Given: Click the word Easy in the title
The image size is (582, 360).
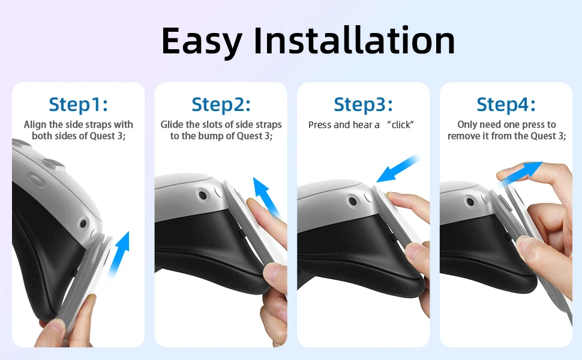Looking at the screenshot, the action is [x=202, y=41].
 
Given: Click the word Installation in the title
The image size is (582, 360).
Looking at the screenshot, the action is [x=355, y=40].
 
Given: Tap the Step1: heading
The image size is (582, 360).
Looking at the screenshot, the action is [x=79, y=104].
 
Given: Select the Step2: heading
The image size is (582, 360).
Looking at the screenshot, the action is [x=221, y=104].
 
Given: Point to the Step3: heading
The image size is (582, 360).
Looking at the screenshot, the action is [x=363, y=104].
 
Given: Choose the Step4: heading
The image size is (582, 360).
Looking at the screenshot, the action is [x=506, y=104].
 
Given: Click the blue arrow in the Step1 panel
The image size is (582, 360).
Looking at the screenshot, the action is [x=119, y=254].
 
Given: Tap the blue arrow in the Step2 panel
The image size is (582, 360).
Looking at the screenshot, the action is [x=266, y=197].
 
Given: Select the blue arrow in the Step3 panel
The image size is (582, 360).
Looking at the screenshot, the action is [x=398, y=168].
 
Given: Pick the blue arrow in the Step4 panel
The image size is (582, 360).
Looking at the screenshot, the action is [x=520, y=172].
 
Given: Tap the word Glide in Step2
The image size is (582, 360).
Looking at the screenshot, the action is [x=172, y=124].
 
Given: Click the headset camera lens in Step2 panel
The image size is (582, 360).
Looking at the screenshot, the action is [x=203, y=195].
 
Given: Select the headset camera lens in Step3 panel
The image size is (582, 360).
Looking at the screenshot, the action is [x=353, y=202].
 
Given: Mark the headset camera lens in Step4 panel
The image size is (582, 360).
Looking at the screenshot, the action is [x=470, y=202].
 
